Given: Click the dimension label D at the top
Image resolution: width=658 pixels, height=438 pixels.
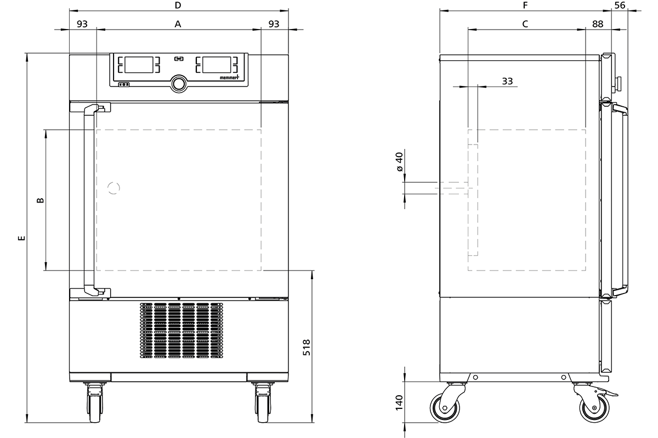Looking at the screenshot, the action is (178, 5).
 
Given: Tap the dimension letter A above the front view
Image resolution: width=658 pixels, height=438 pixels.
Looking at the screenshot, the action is (178, 24).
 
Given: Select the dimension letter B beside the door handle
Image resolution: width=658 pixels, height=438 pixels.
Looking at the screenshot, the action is (40, 200).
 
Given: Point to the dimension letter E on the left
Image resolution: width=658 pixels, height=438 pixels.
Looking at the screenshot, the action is (21, 238).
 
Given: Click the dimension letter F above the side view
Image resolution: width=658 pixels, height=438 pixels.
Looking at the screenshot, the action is (525, 5).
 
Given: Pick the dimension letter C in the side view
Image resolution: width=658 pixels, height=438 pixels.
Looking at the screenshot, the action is (525, 24).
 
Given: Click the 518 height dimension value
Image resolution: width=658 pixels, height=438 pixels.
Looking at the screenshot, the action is (307, 348).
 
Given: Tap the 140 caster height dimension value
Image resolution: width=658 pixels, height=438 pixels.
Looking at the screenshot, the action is (399, 403).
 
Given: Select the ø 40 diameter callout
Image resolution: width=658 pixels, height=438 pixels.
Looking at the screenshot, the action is (399, 162).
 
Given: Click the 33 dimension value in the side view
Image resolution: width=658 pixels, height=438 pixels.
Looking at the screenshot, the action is (507, 81).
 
